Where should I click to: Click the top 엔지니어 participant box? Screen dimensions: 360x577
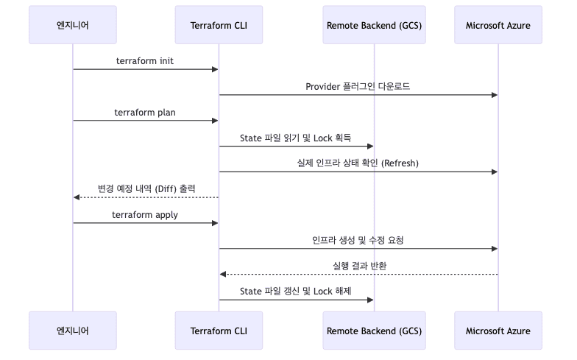point(73,25)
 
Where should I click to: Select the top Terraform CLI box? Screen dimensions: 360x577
point(219,25)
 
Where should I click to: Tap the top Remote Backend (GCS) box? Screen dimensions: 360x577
point(374,25)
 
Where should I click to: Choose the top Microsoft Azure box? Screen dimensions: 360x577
point(498,25)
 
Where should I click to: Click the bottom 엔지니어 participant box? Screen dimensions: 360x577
point(73,331)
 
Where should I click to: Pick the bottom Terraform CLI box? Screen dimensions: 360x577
point(219,331)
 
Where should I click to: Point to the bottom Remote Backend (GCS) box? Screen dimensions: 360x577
point(374,331)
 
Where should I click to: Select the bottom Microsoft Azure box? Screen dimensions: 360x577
point(498,331)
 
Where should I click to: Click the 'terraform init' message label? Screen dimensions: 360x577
point(146,60)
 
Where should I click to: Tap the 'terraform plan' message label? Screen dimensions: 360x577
point(145,112)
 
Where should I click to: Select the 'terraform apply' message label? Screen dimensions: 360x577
point(145,215)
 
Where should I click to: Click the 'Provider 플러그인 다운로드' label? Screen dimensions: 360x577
point(358,86)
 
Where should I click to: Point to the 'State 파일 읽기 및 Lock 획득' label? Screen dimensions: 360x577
point(296,138)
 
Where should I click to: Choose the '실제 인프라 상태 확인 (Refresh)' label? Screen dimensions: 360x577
point(358,163)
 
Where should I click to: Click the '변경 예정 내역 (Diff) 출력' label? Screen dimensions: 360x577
point(146,188)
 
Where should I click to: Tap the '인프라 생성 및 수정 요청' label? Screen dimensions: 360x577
point(358,240)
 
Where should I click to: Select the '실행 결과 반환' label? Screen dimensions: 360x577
point(358,266)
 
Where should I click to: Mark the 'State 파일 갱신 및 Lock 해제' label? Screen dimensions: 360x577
point(296,292)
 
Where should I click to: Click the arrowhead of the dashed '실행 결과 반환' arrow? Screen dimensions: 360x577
point(222,275)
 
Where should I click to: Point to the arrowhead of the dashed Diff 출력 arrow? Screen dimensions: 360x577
point(77,197)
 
